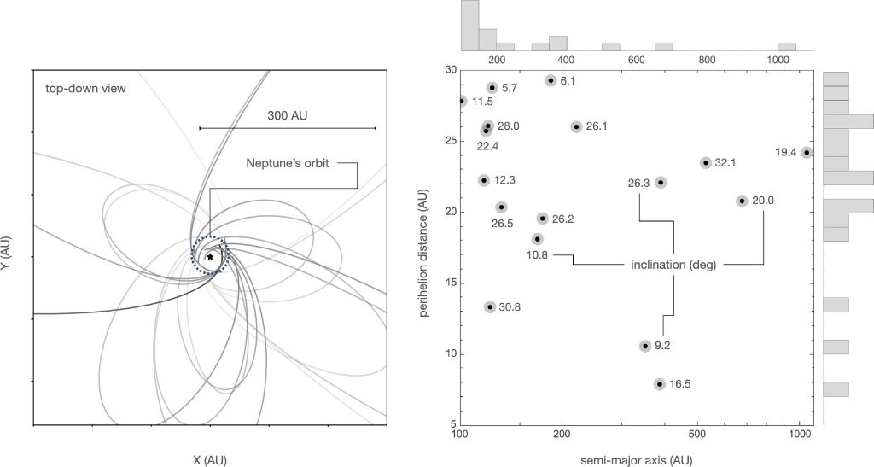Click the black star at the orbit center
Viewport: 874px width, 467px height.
pos(210,256)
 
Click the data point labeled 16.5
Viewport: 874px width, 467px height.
pos(660,384)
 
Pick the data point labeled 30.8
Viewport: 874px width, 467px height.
pos(490,307)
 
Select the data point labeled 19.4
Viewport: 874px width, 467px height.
pos(807,153)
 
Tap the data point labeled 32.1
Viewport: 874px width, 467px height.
pos(706,162)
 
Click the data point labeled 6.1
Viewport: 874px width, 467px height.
pos(551,80)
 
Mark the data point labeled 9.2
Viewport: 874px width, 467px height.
pos(645,346)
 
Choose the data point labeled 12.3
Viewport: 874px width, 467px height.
pos(484,180)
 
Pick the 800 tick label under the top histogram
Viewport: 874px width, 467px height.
pos(706,59)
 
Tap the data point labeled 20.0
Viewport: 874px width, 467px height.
pos(742,201)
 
